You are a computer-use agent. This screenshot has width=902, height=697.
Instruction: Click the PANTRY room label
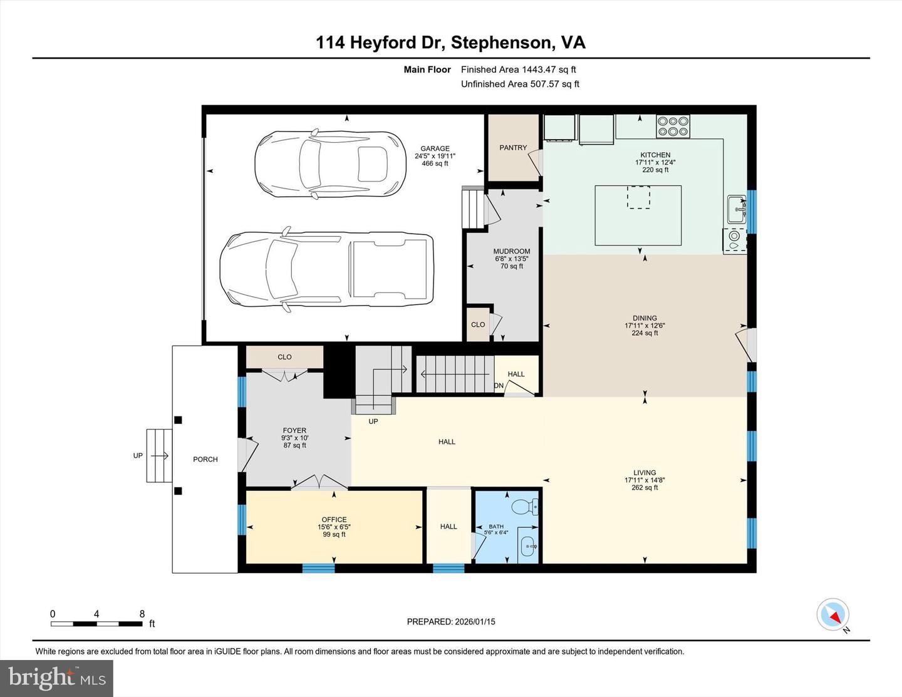click(513, 148)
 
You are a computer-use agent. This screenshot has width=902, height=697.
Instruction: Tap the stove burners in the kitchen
click(673, 126)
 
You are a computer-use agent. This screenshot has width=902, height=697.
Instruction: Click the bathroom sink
click(529, 546)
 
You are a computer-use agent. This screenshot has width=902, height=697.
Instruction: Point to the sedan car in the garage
click(328, 164)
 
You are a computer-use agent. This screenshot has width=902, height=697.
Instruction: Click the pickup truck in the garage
click(326, 269)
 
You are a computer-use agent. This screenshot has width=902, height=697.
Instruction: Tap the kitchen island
click(638, 215)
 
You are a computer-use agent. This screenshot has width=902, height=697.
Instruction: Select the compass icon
click(833, 614)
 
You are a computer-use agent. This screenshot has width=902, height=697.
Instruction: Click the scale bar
click(96, 624)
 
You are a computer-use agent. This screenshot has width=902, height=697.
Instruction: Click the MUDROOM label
click(512, 252)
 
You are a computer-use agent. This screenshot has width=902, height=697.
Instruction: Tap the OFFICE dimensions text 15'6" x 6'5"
click(334, 527)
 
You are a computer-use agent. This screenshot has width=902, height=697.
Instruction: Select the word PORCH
click(205, 460)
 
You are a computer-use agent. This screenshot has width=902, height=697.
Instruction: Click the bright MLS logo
click(56, 678)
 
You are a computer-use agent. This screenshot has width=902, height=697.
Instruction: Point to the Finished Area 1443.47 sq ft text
click(518, 70)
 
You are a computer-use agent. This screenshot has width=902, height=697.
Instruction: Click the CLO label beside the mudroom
click(478, 324)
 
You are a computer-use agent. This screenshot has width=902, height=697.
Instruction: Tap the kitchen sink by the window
click(736, 209)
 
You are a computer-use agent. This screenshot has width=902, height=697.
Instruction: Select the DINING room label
click(645, 318)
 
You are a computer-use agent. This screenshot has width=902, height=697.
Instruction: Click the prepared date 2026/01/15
click(451, 622)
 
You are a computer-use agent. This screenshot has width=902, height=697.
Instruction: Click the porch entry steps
click(159, 455)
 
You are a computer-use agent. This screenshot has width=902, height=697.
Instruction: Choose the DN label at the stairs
click(499, 386)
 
